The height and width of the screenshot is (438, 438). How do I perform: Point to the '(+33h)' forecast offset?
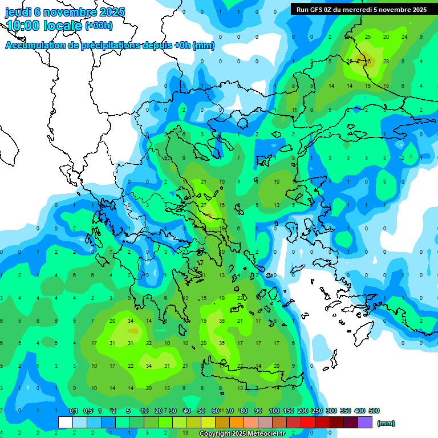pos(99,26)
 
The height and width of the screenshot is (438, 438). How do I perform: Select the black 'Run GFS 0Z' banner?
pos(362,9)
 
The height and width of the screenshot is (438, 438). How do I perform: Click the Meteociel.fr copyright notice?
pos(242,434)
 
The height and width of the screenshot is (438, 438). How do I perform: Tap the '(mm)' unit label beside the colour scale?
pos(386,423)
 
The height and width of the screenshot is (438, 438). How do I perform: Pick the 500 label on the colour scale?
pos(374,411)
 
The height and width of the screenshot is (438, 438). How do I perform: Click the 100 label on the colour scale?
pos(274,411)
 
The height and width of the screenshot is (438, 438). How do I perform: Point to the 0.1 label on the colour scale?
pos(74,411)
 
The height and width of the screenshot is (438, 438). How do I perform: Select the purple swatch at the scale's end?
pos(365,423)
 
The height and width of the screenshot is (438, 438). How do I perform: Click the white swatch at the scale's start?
pos(66,423)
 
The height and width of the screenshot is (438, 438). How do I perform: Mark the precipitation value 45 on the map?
pos(368,61)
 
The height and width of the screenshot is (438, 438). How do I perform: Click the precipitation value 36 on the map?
pos(222,321)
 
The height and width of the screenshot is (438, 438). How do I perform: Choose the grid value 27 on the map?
pos(204,205)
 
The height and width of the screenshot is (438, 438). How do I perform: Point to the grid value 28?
pos(386,61)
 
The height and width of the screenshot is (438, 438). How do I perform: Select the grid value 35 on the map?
pos(222,343)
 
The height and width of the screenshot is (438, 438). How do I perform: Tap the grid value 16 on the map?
pos(277,182)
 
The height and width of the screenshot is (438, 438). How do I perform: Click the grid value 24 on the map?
pos(404,37)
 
